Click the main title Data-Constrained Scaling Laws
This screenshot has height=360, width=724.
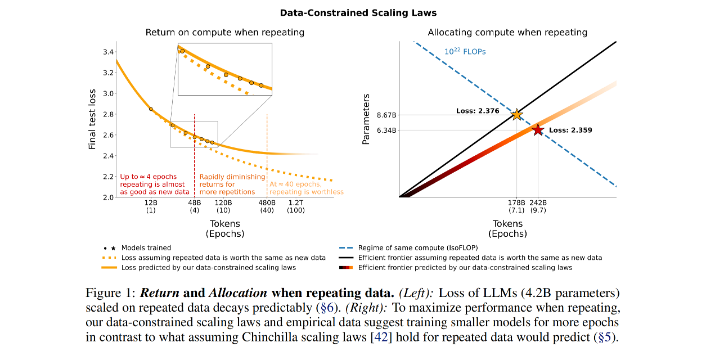click(358, 13)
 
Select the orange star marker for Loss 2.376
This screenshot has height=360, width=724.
click(516, 115)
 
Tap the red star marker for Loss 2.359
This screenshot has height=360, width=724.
click(538, 130)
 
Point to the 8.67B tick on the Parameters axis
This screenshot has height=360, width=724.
click(386, 115)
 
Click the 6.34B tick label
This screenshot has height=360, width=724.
click(386, 130)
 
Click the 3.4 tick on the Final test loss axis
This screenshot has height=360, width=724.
click(108, 52)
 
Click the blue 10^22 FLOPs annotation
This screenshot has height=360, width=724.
click(465, 51)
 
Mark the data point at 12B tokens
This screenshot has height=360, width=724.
click(151, 109)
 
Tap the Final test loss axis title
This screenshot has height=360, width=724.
click(92, 119)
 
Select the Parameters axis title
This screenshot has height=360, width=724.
click(366, 119)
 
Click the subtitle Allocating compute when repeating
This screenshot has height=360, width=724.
click(507, 32)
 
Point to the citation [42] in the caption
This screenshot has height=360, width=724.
click(381, 337)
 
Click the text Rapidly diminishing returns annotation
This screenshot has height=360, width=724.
click(232, 184)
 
